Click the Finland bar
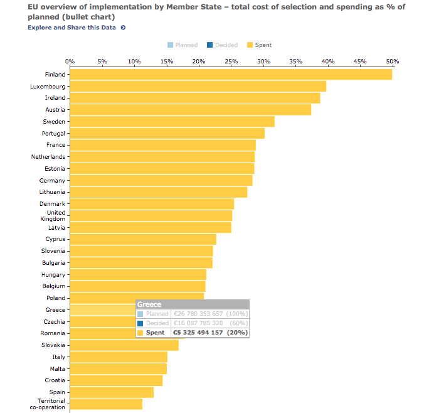pos(231,75)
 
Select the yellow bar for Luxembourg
pos(198,87)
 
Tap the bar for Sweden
pos(172,122)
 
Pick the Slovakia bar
pos(124,345)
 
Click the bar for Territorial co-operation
pos(106,404)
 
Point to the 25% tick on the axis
pos(231,62)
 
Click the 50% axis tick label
pos(392,62)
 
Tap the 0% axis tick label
pos(70,62)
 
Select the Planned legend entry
pos(183,45)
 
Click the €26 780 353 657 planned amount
pos(198,314)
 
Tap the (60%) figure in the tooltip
pos(237,323)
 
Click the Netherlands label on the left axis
pos(48,157)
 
